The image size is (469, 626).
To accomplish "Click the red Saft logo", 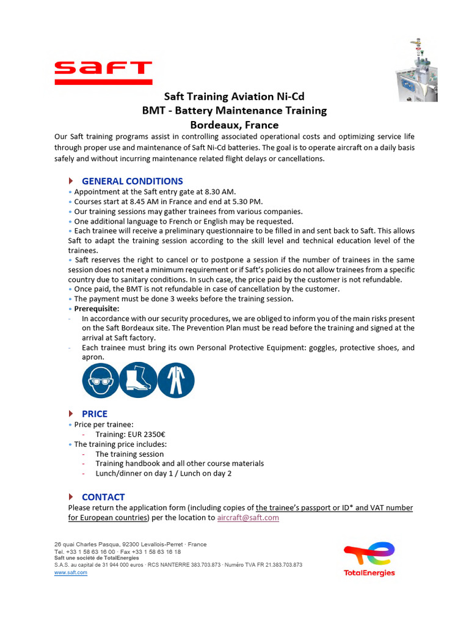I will [x=103, y=72].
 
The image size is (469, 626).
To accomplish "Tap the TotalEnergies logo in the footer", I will [x=369, y=559].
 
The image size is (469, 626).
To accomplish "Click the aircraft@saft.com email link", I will [x=248, y=518].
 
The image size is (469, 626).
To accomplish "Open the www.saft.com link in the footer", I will [x=71, y=573].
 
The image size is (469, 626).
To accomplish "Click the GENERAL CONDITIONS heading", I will [x=132, y=181].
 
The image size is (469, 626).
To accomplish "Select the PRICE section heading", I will [x=95, y=414].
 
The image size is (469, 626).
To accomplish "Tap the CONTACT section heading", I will [x=103, y=497].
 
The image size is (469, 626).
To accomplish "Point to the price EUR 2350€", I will [x=131, y=435].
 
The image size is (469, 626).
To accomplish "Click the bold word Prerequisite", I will [x=96, y=309].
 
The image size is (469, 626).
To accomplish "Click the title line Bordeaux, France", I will [x=234, y=125].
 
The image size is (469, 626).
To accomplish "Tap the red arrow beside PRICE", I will [x=71, y=414].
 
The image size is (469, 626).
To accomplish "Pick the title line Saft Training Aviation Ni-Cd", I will [x=234, y=97].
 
